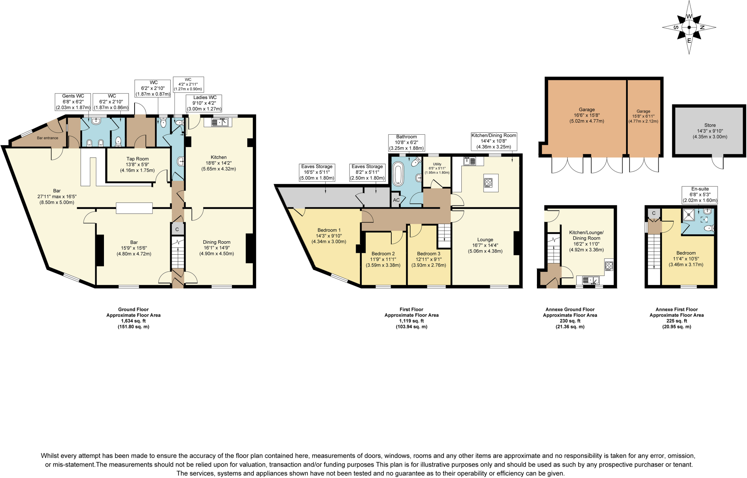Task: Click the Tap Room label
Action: [x=138, y=164]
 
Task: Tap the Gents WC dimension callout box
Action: [x=73, y=102]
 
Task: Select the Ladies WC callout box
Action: [x=204, y=103]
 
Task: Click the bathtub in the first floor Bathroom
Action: [x=398, y=174]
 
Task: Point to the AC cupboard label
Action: [x=396, y=200]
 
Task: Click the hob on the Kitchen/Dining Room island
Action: [x=488, y=182]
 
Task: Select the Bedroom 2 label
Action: [x=383, y=259]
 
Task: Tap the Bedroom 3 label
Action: [x=429, y=259]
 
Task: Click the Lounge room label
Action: [x=485, y=245]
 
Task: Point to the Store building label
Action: [x=710, y=131]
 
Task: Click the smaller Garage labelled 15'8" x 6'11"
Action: [x=643, y=116]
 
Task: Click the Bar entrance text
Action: [x=47, y=138]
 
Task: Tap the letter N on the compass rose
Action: [x=702, y=27]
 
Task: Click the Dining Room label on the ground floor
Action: [x=217, y=247]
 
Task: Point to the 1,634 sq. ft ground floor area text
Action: [x=133, y=321]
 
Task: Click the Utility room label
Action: [x=437, y=168]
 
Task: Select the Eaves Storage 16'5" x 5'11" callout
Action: [x=317, y=172]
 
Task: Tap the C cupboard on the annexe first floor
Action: [x=654, y=213]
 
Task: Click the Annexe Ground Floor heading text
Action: [x=570, y=309]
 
